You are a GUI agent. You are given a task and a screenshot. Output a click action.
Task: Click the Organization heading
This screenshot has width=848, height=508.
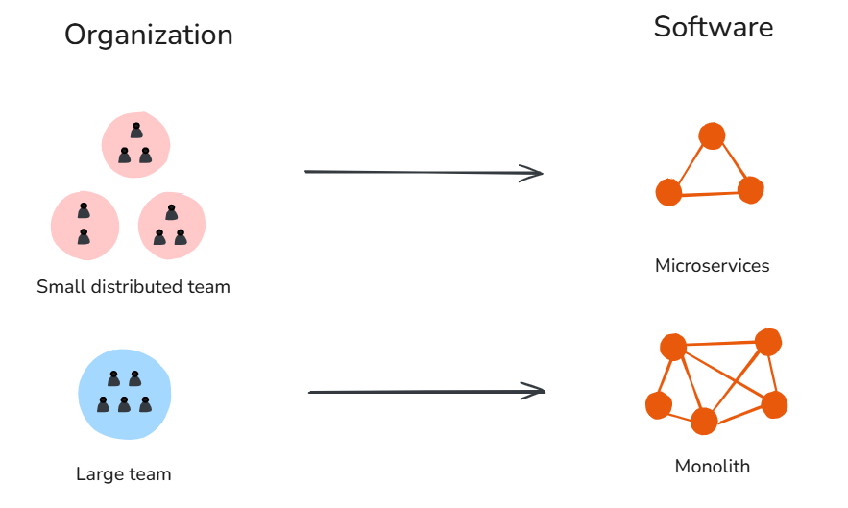click(x=149, y=36)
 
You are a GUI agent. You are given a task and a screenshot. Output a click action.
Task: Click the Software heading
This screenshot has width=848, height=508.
click(x=713, y=27)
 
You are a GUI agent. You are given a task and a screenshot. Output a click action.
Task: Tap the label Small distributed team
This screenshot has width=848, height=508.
click(x=133, y=286)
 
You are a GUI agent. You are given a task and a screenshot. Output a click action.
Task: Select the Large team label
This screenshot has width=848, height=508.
click(x=123, y=473)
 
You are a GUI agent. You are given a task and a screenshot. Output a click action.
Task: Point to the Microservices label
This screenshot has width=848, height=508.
click(x=712, y=265)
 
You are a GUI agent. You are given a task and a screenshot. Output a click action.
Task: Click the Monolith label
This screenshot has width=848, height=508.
click(x=712, y=467)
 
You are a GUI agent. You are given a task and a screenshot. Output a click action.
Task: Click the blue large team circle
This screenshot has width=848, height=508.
click(x=124, y=392)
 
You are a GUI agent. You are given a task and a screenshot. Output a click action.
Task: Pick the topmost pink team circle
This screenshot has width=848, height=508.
click(x=135, y=145)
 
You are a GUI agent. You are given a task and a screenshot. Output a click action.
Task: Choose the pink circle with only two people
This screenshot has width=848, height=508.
click(x=85, y=226)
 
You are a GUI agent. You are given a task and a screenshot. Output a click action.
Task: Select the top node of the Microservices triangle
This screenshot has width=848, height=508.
click(x=712, y=136)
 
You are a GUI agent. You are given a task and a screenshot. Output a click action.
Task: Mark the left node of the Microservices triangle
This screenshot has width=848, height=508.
click(x=668, y=192)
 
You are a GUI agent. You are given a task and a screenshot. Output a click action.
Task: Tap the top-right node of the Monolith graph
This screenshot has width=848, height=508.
click(x=767, y=342)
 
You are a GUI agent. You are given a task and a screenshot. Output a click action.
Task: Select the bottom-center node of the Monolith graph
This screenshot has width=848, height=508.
click(x=704, y=421)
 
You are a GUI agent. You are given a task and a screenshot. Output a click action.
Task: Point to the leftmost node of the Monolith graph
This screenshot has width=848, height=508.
click(x=658, y=405)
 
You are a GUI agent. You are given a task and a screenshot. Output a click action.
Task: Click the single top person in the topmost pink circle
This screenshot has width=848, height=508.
click(x=136, y=130)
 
